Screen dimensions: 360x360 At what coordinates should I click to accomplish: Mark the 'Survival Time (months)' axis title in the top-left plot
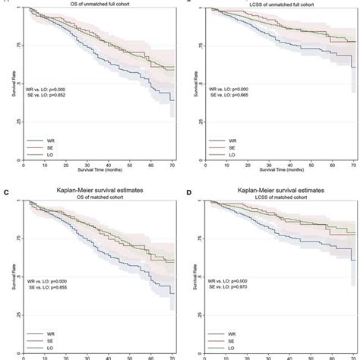tap(100, 170)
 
